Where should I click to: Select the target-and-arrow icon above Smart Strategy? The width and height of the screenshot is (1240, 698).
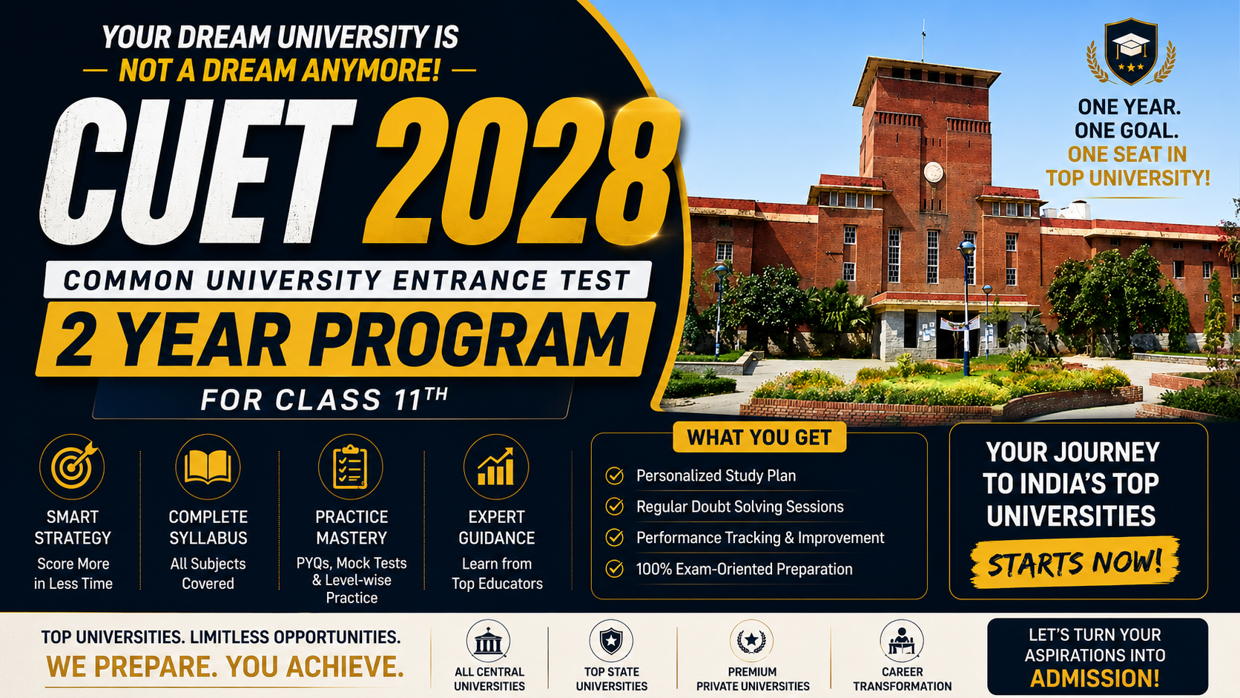tap(72, 467)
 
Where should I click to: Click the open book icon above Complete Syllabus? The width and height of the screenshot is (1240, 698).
tap(208, 467)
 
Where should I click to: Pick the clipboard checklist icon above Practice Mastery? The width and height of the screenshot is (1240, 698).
tap(350, 467)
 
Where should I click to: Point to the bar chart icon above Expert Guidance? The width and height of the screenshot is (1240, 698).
tap(496, 467)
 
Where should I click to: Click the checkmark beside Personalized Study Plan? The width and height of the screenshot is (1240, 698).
tap(615, 475)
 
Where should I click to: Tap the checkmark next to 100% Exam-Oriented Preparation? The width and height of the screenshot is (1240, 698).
tap(615, 568)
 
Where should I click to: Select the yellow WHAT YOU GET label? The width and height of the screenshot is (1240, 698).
tap(759, 438)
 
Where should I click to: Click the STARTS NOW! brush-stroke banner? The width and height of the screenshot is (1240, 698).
tap(1075, 562)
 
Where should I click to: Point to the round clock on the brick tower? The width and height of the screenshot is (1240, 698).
tap(933, 172)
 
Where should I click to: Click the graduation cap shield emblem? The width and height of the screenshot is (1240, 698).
tap(1131, 52)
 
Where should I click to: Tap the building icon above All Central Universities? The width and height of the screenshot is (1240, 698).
tap(488, 642)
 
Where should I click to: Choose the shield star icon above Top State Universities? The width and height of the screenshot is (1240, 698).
tap(611, 642)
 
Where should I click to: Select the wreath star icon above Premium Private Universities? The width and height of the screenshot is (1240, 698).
tap(751, 642)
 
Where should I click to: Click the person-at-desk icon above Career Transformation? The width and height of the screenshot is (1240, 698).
tap(902, 642)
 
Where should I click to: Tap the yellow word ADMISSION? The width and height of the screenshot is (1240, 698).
tap(1095, 679)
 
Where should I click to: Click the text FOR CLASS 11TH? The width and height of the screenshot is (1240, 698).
tap(324, 399)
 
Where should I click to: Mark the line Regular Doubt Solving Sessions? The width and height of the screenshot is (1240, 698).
tap(739, 507)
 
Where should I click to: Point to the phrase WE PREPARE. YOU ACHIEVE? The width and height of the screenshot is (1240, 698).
tap(225, 666)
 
